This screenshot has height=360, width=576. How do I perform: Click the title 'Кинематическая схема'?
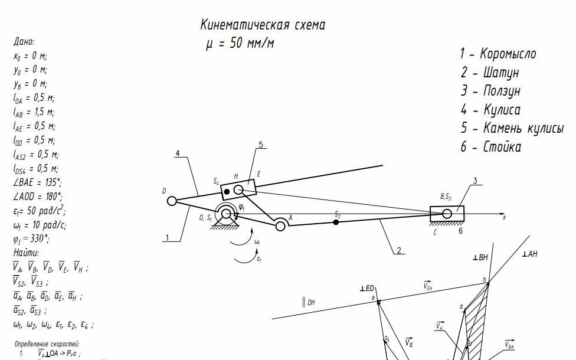click(x=263, y=25)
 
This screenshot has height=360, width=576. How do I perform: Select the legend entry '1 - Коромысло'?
click(x=498, y=54)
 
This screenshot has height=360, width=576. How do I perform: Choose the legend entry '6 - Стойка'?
click(x=491, y=147)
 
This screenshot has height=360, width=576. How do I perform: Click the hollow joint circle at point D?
click(x=172, y=201)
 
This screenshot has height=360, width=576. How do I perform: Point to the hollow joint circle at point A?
click(x=280, y=224)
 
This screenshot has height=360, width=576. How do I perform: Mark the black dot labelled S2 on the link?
click(x=336, y=222)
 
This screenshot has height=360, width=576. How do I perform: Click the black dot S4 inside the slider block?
click(x=226, y=192)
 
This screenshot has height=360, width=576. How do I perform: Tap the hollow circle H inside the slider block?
click(x=238, y=189)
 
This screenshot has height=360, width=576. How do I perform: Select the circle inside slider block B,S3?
click(x=447, y=213)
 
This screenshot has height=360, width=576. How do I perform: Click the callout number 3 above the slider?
click(x=474, y=181)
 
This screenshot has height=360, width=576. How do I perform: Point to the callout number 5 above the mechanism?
click(x=260, y=145)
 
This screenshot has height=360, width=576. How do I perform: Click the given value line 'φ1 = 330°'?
click(x=31, y=239)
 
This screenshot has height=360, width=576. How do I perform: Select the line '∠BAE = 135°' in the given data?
click(x=37, y=182)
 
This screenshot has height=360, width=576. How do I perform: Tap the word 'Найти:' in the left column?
click(x=26, y=253)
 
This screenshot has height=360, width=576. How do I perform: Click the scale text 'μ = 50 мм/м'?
click(x=240, y=44)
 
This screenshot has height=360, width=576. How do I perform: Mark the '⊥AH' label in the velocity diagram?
click(x=529, y=254)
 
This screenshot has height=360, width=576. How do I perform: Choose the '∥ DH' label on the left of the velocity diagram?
click(x=308, y=303)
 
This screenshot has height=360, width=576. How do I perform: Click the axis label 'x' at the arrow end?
click(x=504, y=218)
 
